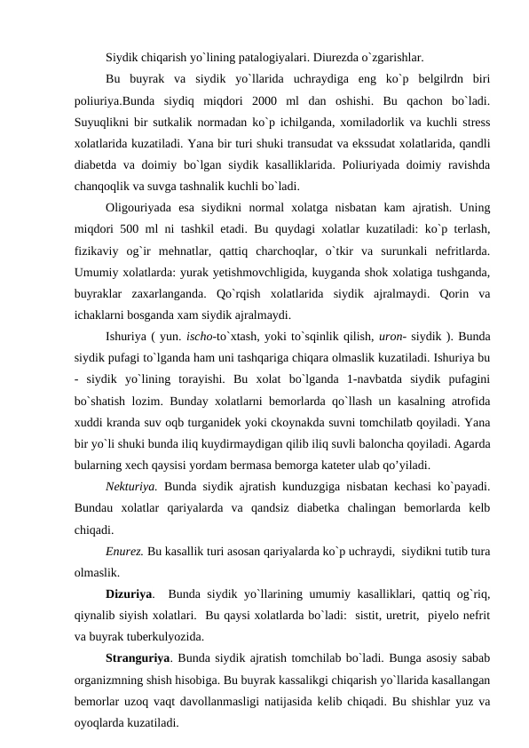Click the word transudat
(304, 140)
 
